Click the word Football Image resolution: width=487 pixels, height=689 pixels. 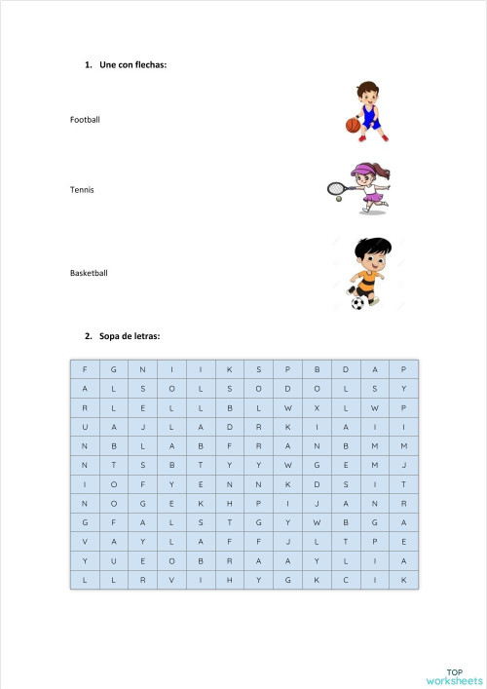[x=85, y=120]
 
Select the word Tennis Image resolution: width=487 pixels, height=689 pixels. [x=82, y=189]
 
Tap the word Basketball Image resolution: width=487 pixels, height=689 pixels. [x=89, y=273]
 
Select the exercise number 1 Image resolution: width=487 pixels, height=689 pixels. [x=88, y=65]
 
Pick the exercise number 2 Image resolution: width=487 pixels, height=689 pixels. [x=88, y=336]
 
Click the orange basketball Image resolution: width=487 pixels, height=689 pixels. [x=352, y=125]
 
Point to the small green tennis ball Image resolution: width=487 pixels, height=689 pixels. [x=338, y=199]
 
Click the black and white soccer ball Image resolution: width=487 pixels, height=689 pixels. [x=357, y=303]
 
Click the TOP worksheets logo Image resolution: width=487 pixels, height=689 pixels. [x=454, y=675]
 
